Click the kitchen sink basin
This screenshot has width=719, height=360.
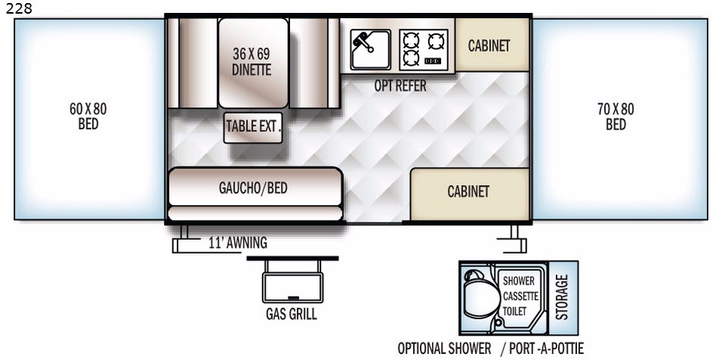[371, 49]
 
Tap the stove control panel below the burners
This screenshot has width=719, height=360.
[433, 61]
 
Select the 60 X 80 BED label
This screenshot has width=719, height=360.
[88, 116]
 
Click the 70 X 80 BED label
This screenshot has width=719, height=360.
[616, 116]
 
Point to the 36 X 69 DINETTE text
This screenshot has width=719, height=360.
[251, 62]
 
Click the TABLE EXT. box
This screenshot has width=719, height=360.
[253, 127]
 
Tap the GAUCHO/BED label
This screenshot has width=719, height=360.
[253, 188]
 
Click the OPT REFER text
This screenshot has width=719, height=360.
[400, 85]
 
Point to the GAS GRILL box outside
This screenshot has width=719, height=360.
[292, 287]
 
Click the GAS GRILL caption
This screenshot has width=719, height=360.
[292, 314]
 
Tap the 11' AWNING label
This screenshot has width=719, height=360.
[238, 242]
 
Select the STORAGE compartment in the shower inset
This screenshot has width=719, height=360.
[563, 298]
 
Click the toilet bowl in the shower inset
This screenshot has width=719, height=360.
[480, 298]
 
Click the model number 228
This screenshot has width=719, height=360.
[19, 8]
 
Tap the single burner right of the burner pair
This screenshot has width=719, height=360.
[436, 41]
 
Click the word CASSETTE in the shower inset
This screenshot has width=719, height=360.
[520, 296]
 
